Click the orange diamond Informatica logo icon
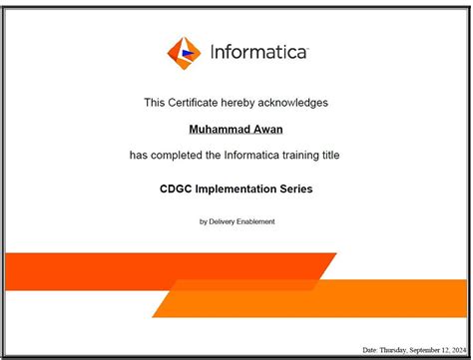tap(184, 52)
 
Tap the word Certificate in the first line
tap(195, 102)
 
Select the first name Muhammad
tap(218, 129)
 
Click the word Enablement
tap(255, 221)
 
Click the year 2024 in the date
tap(458, 350)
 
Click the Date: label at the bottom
tap(370, 350)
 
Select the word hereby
tap(239, 102)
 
